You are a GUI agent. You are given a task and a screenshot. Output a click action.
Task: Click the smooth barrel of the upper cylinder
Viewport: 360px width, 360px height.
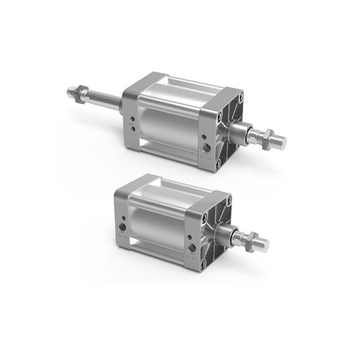tap(168, 122)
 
